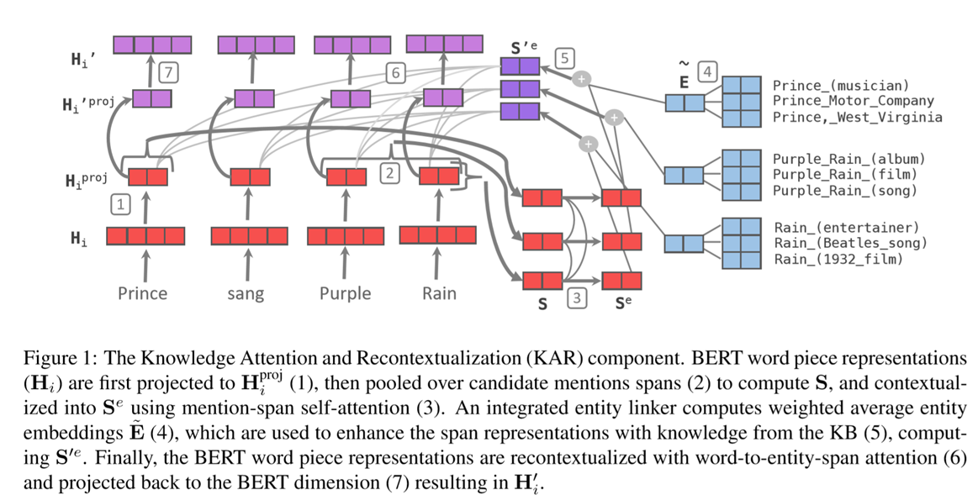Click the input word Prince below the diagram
pyautogui.click(x=142, y=293)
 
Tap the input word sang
pyautogui.click(x=246, y=294)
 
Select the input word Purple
pyautogui.click(x=345, y=293)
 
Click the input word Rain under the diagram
pyautogui.click(x=439, y=293)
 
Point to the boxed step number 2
pyautogui.click(x=389, y=173)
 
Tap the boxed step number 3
pyautogui.click(x=577, y=299)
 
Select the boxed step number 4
pyautogui.click(x=707, y=73)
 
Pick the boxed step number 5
pyautogui.click(x=564, y=58)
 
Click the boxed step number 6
pyautogui.click(x=395, y=73)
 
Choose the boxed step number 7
pyautogui.click(x=170, y=73)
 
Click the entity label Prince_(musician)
pyautogui.click(x=841, y=85)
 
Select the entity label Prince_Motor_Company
pyautogui.click(x=853, y=101)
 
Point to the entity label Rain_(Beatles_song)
pyautogui.click(x=850, y=243)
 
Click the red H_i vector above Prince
pyautogui.click(x=145, y=237)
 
